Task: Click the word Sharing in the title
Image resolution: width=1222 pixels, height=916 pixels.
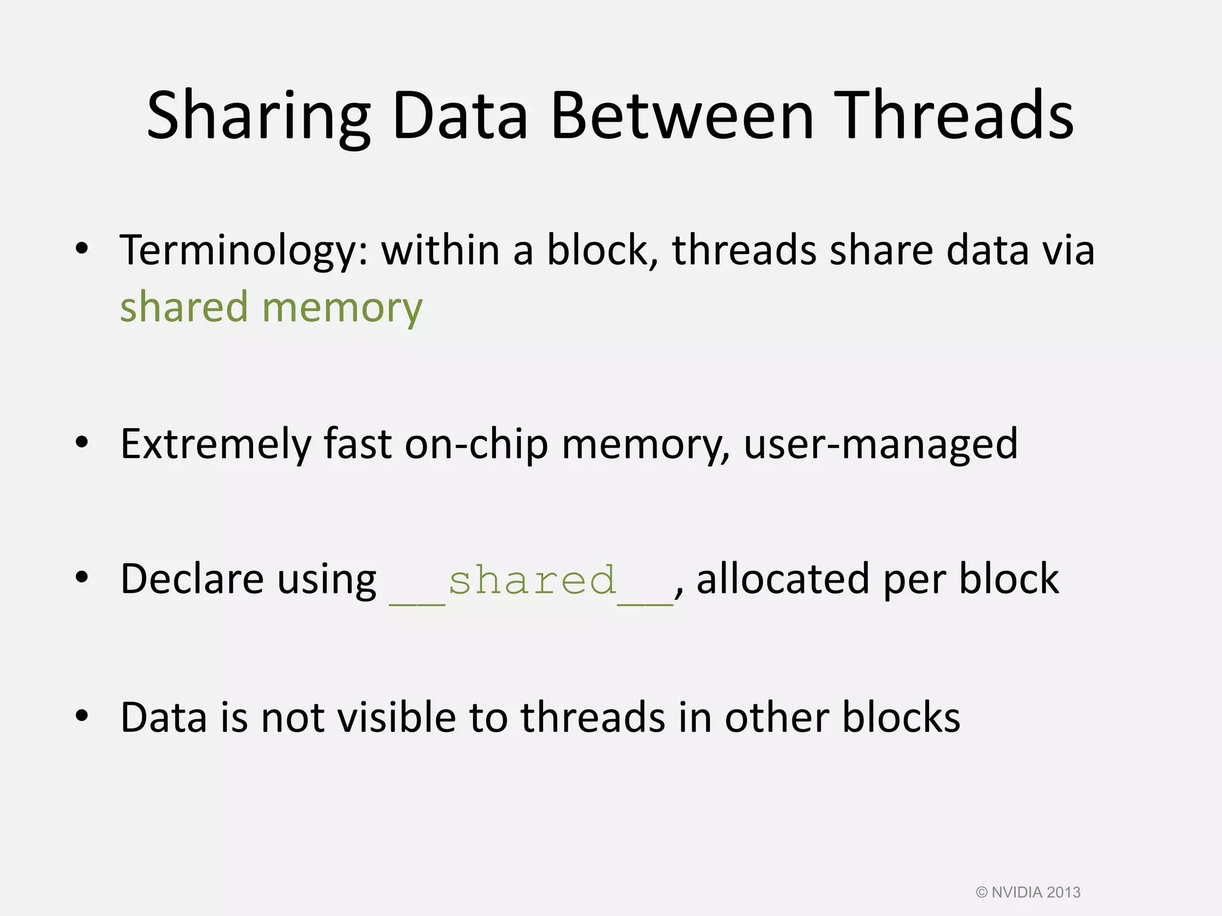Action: click(258, 116)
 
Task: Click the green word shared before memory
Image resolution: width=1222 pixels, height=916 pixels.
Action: click(184, 307)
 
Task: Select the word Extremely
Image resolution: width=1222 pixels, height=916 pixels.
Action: click(215, 444)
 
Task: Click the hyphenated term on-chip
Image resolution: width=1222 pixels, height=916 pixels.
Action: click(476, 445)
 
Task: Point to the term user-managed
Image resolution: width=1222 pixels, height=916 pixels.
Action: click(881, 445)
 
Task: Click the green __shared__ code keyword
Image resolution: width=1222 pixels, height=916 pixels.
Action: click(531, 581)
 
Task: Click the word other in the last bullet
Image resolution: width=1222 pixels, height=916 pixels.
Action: click(777, 717)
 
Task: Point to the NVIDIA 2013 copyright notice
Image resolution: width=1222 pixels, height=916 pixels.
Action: click(1028, 893)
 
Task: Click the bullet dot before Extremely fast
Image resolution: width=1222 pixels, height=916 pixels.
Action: click(82, 442)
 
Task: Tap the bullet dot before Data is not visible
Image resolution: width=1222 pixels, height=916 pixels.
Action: click(82, 715)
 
